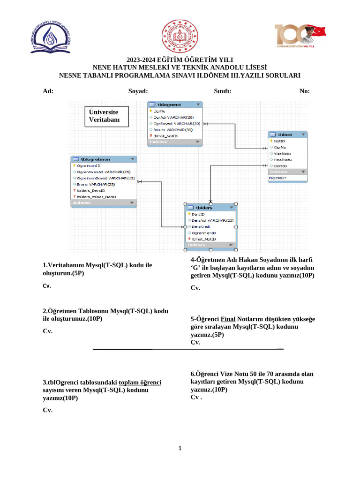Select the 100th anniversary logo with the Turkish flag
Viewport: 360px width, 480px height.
(300, 37)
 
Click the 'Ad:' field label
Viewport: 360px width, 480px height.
(48, 91)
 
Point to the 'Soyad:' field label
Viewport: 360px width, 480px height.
(138, 91)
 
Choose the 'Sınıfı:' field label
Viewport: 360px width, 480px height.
(223, 91)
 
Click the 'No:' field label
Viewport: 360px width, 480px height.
(304, 91)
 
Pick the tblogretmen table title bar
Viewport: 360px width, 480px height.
(104, 159)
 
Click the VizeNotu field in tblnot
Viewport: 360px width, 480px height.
(283, 153)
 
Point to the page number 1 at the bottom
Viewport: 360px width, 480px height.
(180, 449)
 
